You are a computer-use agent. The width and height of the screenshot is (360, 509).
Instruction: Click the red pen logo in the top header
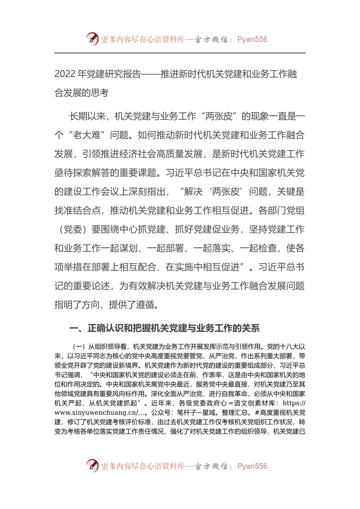point(92,39)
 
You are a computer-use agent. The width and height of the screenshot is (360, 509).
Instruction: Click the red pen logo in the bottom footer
point(92,465)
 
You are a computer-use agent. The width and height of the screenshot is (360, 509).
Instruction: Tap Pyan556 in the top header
point(252,39)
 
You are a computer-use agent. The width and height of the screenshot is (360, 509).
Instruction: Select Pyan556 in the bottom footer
point(252,466)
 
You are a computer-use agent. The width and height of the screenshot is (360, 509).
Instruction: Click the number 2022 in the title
point(65,74)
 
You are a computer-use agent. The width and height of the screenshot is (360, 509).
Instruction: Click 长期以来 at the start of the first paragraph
point(87,117)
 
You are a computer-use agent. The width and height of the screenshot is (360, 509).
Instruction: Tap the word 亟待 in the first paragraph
point(63,173)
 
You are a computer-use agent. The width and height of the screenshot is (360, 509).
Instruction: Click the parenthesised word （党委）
point(73,230)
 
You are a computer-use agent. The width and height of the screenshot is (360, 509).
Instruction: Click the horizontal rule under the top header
point(180,53)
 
